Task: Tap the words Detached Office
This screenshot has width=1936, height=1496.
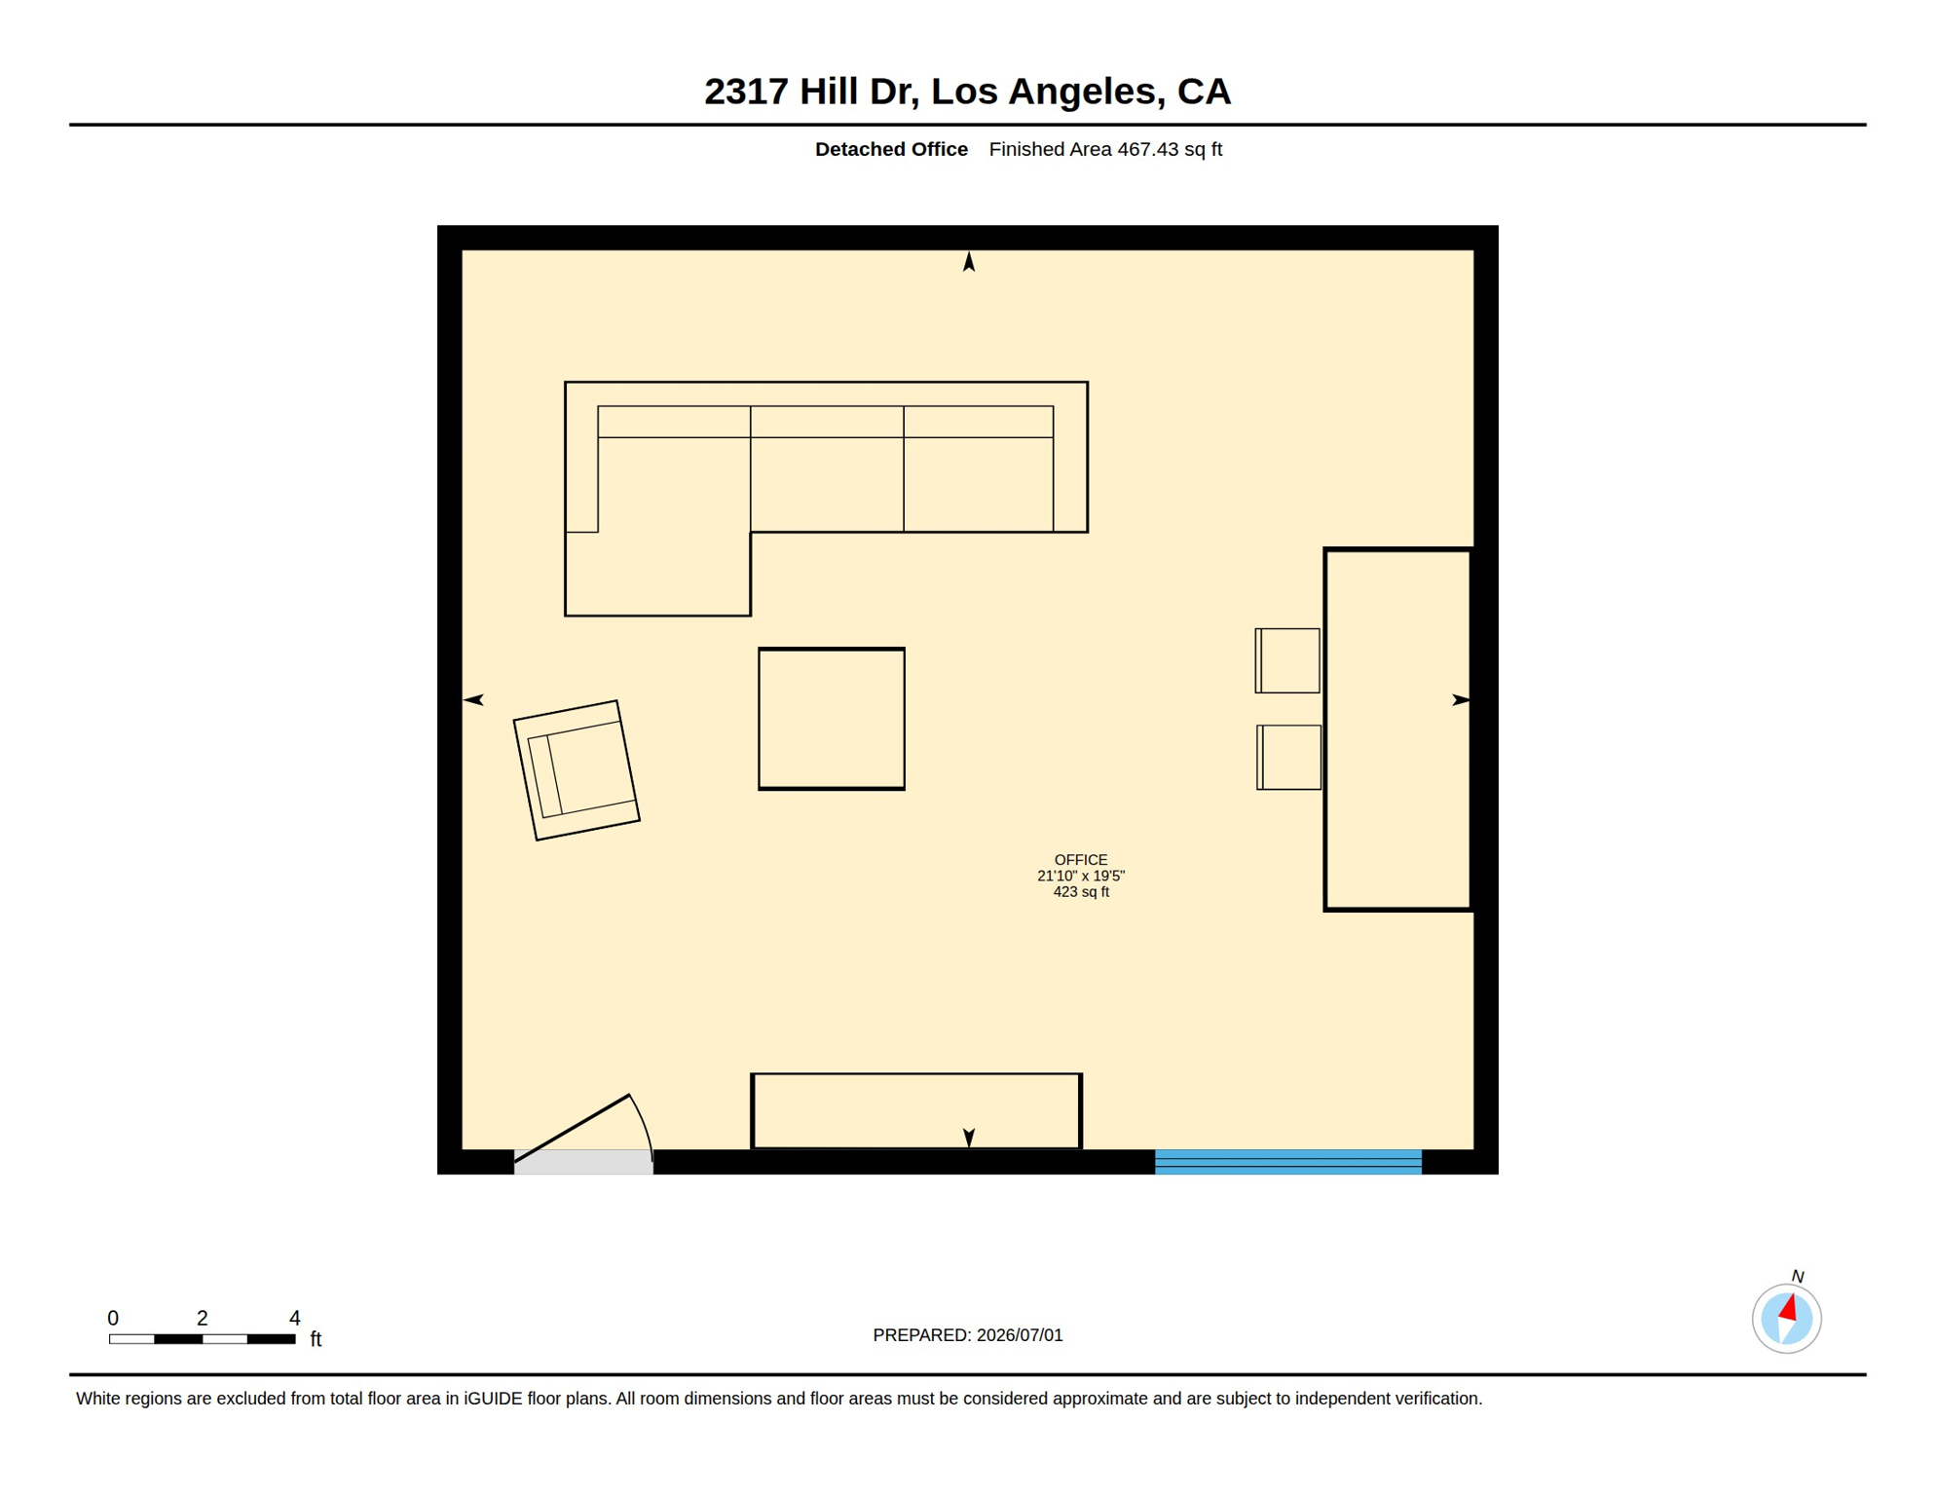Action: click(x=891, y=149)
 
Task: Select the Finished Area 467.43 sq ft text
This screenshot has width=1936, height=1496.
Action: click(x=1105, y=149)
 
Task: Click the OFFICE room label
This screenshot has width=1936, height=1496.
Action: click(x=1081, y=860)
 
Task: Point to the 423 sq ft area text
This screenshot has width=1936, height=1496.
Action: click(x=1081, y=892)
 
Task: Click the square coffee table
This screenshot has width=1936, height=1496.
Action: click(x=832, y=719)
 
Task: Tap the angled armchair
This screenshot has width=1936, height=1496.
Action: click(x=577, y=770)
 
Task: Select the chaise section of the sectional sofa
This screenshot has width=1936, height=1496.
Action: click(x=658, y=575)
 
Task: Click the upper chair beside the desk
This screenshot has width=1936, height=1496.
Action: click(x=1287, y=661)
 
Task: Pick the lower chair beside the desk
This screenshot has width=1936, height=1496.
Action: click(x=1289, y=758)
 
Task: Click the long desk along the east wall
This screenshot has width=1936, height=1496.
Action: click(x=1398, y=729)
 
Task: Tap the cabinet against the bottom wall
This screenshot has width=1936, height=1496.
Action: click(x=916, y=1111)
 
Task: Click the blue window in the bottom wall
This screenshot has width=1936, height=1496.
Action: click(x=1288, y=1162)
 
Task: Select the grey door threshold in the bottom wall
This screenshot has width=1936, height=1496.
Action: click(x=583, y=1162)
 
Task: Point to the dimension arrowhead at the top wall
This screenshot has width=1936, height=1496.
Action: click(x=969, y=261)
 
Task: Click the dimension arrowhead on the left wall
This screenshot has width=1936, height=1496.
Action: click(x=473, y=699)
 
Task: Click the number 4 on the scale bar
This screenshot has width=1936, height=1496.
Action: click(x=295, y=1318)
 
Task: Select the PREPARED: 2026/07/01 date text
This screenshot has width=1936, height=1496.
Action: click(x=968, y=1335)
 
